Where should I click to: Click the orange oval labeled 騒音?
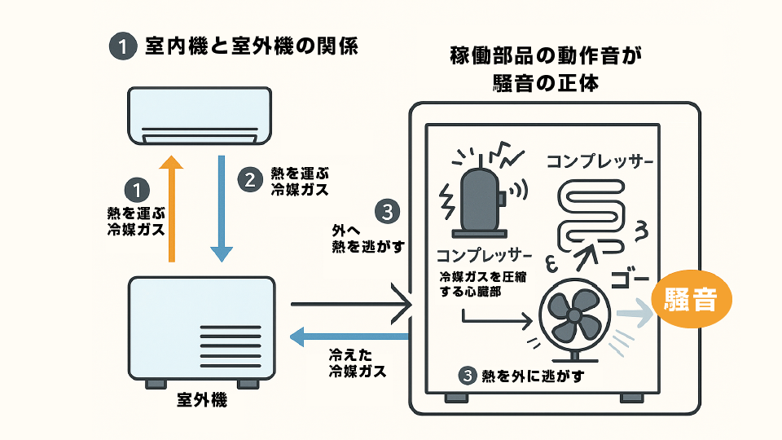pyautogui.click(x=691, y=300)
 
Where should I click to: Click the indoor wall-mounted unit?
pyautogui.click(x=200, y=116)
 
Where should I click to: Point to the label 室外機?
pyautogui.click(x=201, y=400)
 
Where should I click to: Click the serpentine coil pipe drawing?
pyautogui.click(x=595, y=213)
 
